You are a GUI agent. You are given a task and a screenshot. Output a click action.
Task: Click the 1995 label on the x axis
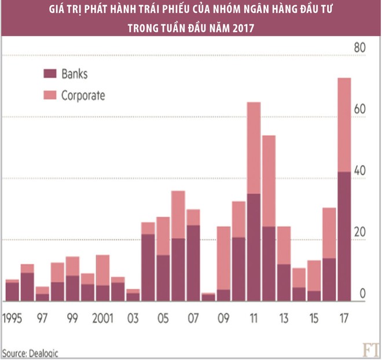(13, 319)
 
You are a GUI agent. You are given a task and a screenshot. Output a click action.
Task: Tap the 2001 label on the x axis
(102, 319)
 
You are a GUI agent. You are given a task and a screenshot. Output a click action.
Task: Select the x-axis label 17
(344, 319)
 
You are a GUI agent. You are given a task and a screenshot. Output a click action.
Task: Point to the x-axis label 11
(254, 319)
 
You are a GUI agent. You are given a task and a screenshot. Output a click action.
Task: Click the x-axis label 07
(193, 319)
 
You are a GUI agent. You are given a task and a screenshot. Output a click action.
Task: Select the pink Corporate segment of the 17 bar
(344, 124)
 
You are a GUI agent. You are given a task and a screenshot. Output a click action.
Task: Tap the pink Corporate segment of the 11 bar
(254, 148)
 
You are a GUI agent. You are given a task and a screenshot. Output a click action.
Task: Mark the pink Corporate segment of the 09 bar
(223, 258)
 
